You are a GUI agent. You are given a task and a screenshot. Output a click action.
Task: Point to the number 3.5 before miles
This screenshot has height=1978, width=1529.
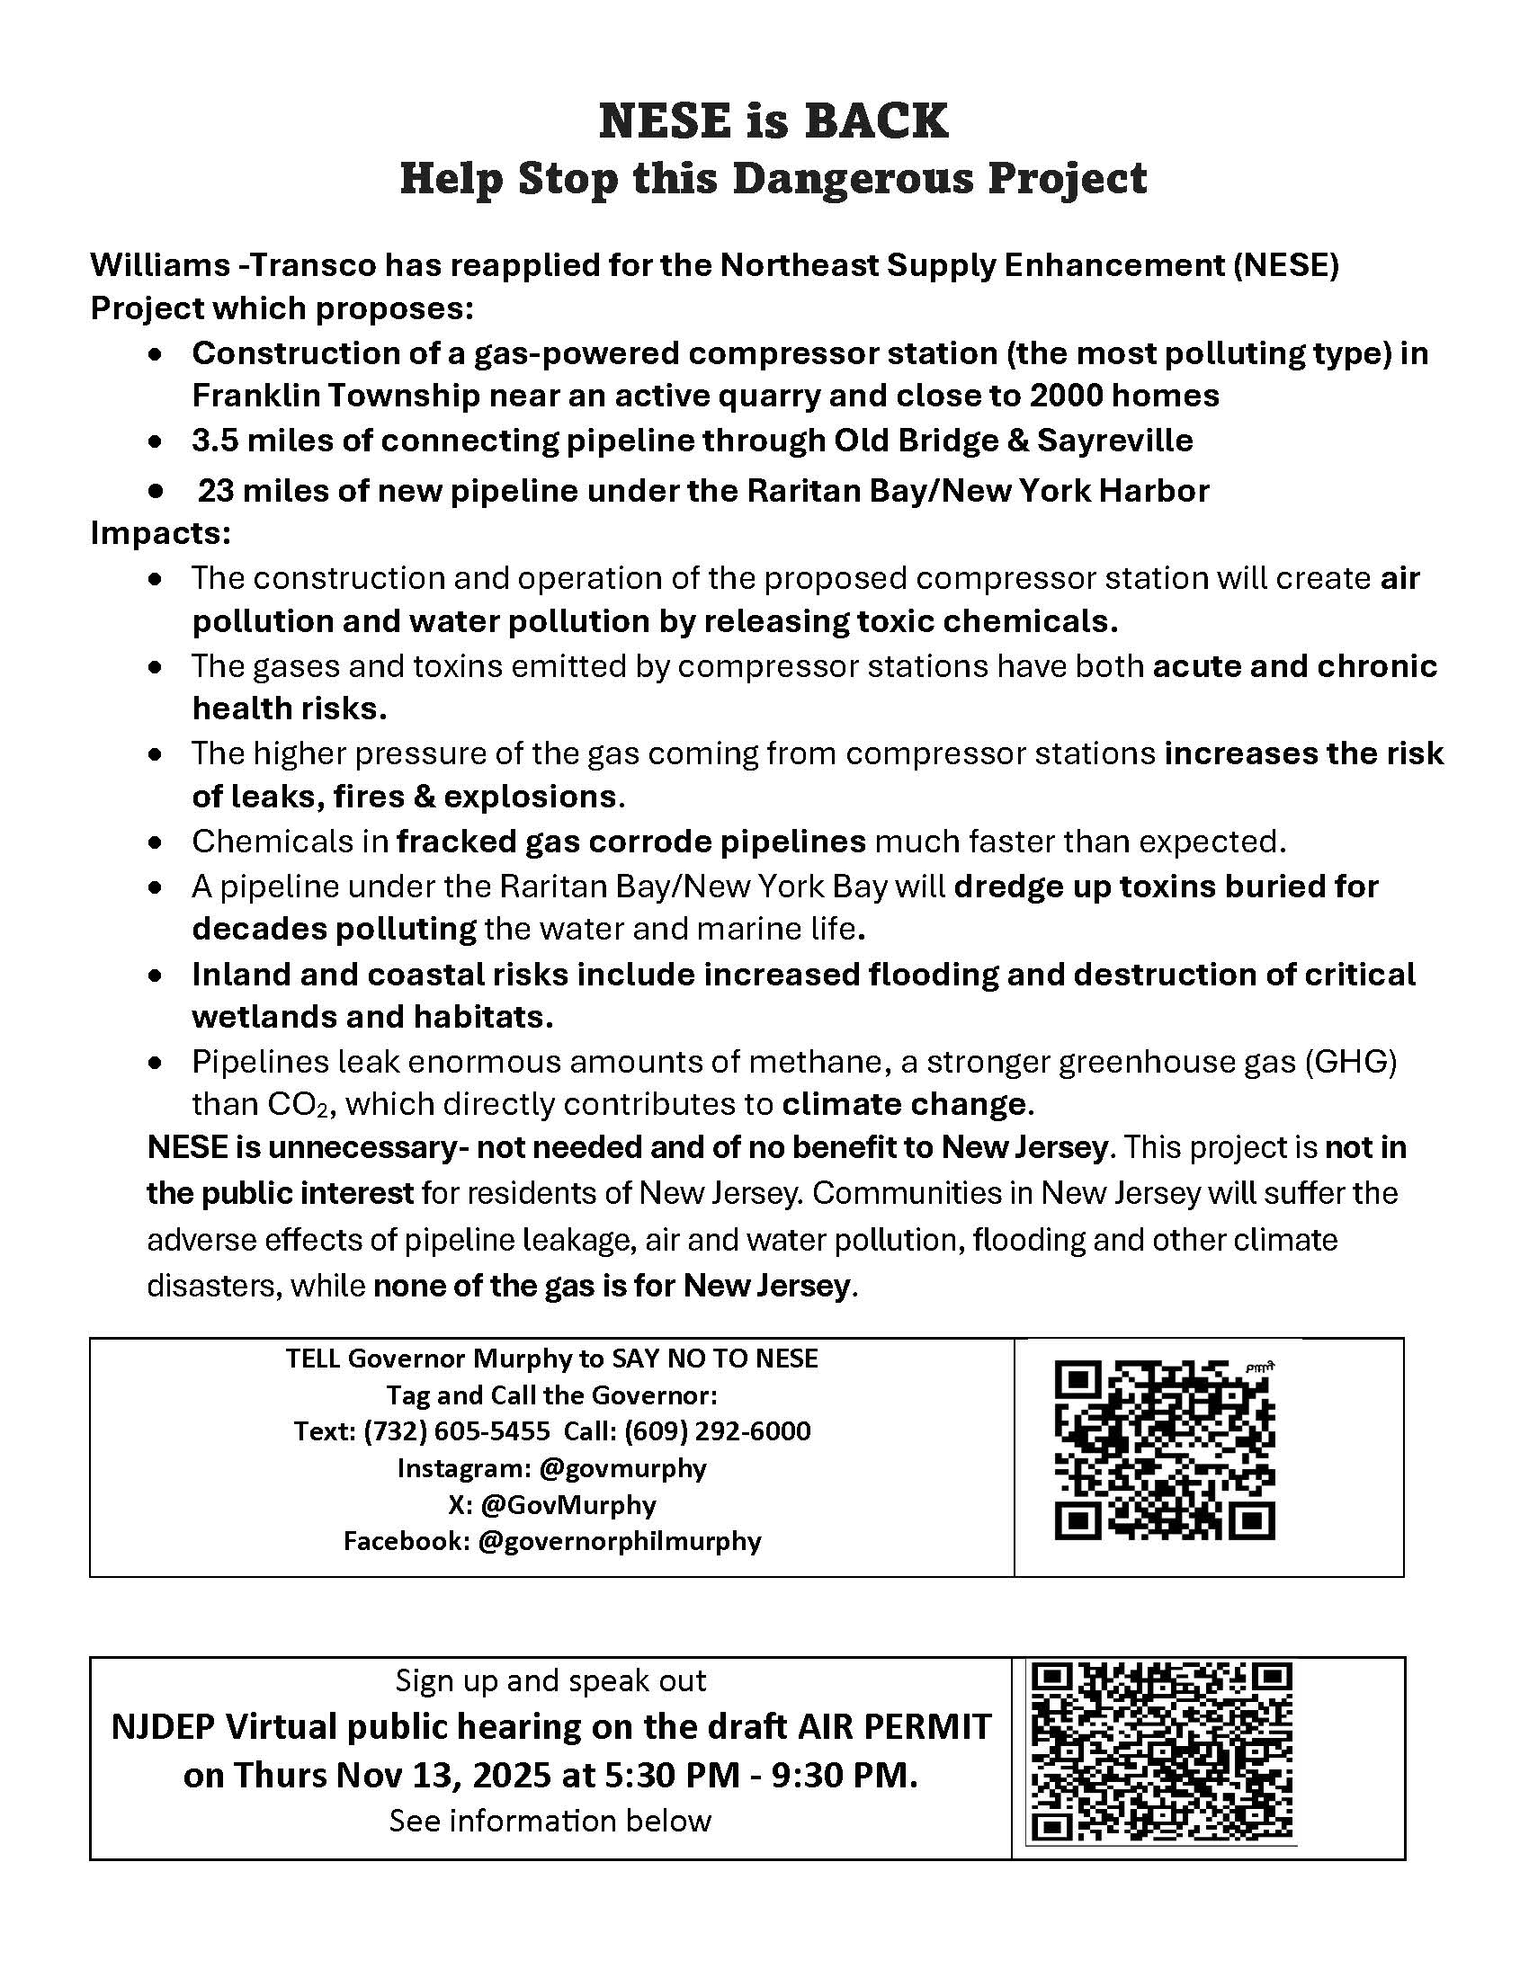click(214, 441)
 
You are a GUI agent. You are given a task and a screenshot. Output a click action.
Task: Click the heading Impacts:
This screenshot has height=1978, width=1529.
click(160, 533)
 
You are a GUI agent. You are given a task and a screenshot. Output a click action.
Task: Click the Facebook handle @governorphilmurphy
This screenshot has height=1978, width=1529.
click(619, 1540)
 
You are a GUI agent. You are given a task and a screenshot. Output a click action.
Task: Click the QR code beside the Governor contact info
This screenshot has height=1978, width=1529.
click(1165, 1452)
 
